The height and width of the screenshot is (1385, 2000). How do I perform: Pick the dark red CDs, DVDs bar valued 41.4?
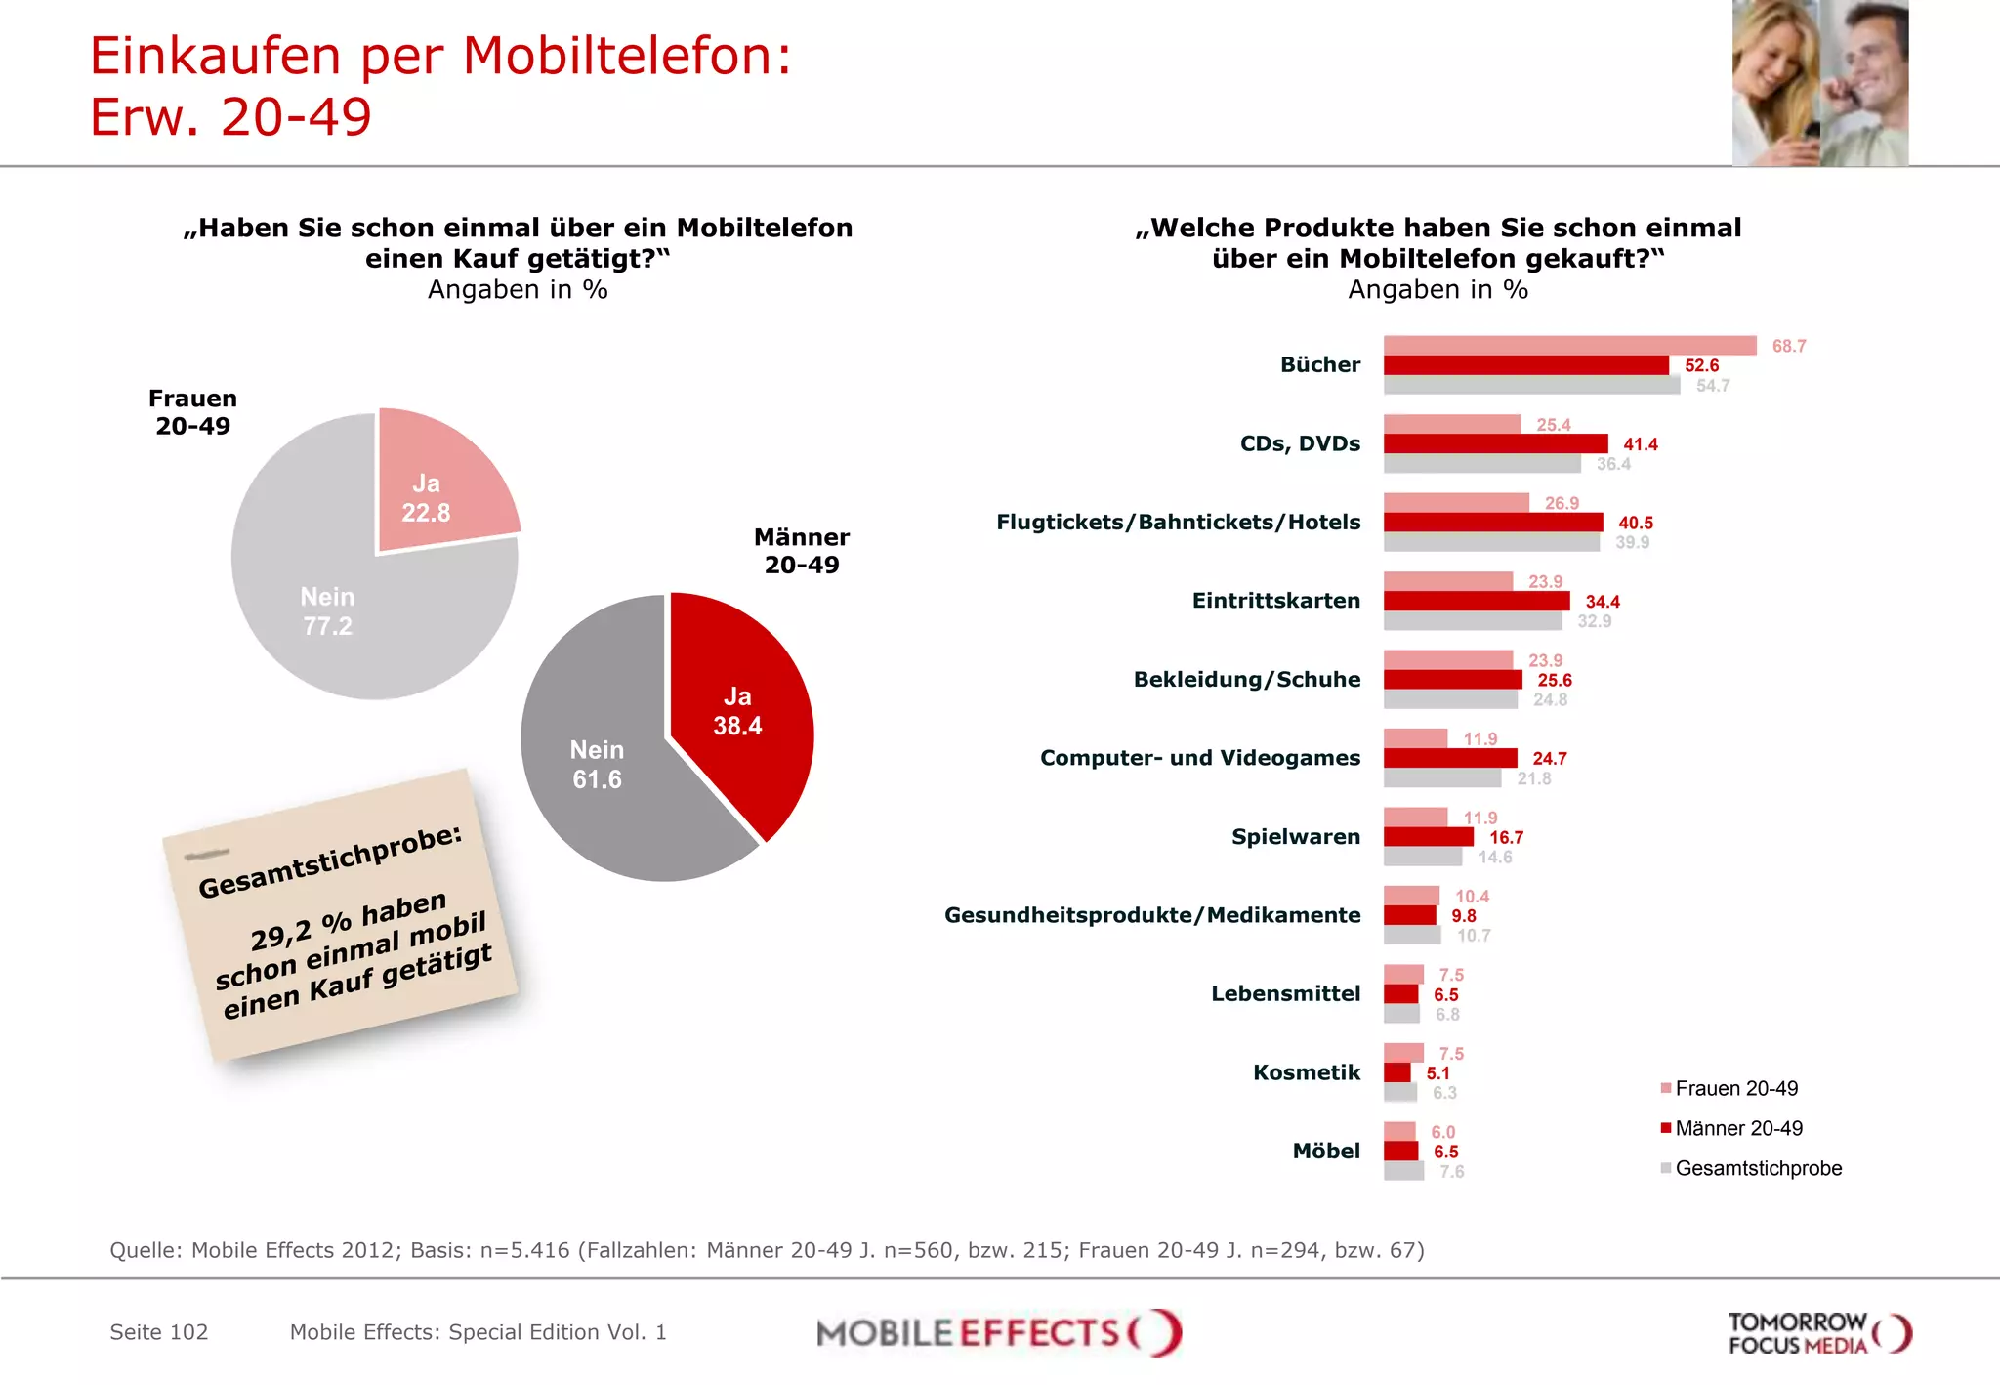point(1494,444)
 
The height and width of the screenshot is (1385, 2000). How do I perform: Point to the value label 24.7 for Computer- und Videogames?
point(1549,759)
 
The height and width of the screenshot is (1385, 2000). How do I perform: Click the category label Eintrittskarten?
point(1275,601)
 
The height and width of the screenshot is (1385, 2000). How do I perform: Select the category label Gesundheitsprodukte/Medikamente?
point(1152,915)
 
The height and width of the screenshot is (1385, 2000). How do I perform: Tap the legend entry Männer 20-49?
point(1738,1128)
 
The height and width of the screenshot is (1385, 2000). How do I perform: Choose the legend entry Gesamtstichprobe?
point(1757,1168)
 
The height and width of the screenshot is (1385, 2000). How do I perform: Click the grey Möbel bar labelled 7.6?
point(1403,1171)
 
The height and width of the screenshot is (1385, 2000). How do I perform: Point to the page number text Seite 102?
point(159,1332)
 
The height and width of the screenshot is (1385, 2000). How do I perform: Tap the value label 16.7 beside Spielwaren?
point(1506,838)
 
